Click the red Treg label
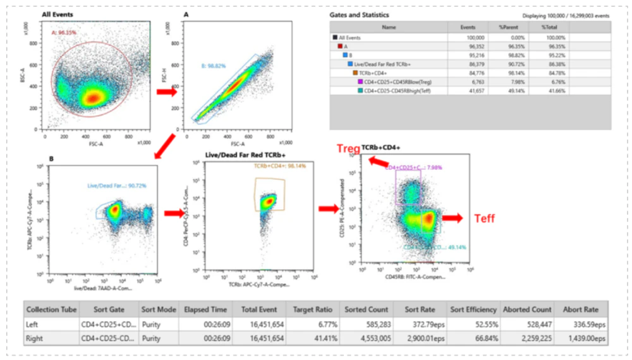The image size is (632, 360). click(348, 148)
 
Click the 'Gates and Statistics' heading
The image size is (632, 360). click(360, 14)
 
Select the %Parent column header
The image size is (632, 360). click(509, 27)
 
